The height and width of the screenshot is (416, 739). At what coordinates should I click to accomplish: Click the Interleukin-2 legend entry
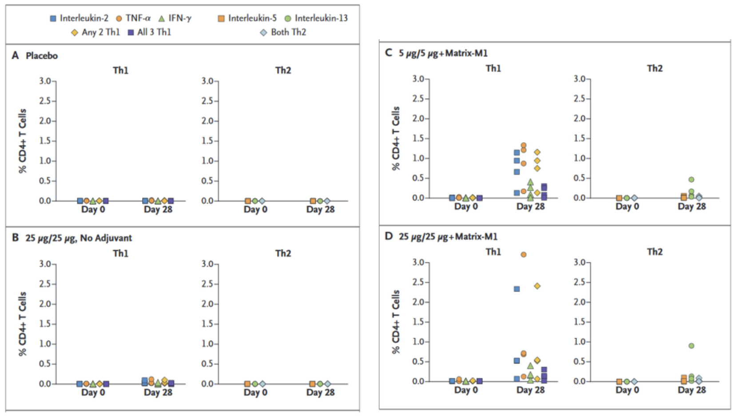79,18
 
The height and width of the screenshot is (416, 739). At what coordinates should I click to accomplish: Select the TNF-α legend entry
133,18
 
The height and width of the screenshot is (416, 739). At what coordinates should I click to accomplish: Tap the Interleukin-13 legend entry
316,18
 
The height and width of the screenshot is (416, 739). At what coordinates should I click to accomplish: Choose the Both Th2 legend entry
283,32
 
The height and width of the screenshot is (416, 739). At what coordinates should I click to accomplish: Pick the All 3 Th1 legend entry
149,32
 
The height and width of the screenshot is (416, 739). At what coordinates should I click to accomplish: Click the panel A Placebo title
35,56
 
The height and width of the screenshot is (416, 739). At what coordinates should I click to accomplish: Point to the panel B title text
72,238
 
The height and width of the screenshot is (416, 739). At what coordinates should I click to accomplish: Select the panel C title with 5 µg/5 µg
437,53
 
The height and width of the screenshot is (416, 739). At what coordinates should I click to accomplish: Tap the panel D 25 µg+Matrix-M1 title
441,236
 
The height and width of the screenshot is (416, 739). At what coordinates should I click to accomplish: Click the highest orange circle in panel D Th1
524,255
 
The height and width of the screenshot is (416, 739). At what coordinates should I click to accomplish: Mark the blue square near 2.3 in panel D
517,289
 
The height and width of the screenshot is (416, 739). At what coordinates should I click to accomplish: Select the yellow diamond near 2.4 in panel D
537,286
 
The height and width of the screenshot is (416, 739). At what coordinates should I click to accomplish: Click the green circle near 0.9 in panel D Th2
691,346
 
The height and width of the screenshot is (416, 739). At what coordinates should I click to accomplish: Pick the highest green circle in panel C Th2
691,180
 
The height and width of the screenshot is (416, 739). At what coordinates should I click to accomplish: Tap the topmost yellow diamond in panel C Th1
537,152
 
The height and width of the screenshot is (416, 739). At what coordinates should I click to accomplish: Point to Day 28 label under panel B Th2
320,392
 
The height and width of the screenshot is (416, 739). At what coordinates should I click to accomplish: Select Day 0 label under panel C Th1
466,207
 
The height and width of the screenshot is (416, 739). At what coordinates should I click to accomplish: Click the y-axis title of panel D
396,322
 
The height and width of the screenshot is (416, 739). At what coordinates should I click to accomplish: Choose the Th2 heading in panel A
283,70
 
